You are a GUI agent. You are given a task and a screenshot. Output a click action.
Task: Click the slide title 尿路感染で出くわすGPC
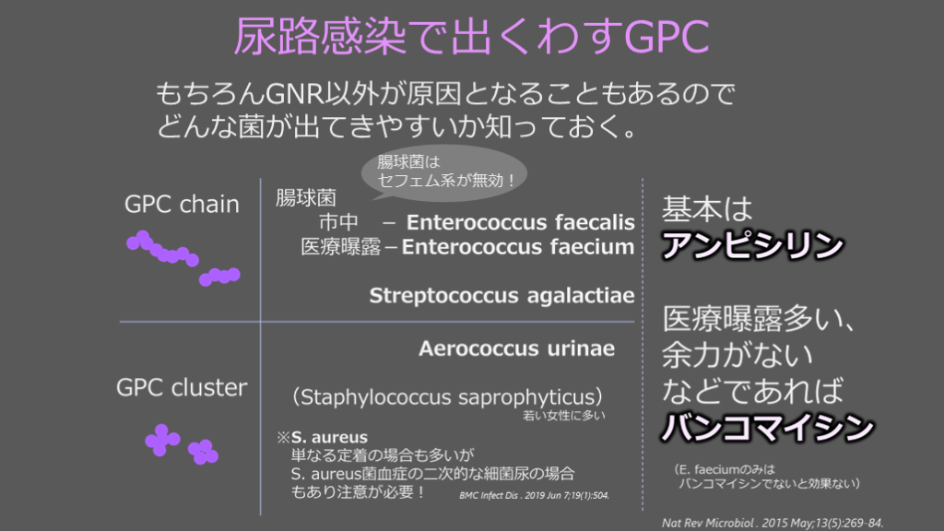[471, 36]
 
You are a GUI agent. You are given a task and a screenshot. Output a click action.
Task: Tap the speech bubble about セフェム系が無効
[444, 172]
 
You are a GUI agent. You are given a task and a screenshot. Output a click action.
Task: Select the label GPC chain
[182, 204]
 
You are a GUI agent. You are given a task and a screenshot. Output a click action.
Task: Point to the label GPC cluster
[182, 387]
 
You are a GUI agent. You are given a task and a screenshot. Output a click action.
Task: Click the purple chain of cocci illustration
[183, 258]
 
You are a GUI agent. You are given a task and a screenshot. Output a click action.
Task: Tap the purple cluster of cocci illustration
[182, 444]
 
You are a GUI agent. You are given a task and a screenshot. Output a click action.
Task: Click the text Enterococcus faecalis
[521, 222]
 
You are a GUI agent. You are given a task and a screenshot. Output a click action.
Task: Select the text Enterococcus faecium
[518, 246]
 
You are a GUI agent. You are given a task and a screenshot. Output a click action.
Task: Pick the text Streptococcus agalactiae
[501, 296]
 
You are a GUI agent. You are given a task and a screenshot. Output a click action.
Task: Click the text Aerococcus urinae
[516, 348]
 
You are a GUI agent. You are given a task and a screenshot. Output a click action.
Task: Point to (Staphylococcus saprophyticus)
[447, 397]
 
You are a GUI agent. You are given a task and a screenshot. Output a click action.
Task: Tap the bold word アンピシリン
[752, 245]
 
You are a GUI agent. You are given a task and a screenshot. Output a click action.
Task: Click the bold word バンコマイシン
[768, 427]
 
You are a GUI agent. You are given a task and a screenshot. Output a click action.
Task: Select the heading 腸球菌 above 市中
[306, 197]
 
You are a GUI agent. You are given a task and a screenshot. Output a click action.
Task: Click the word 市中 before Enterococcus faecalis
[338, 222]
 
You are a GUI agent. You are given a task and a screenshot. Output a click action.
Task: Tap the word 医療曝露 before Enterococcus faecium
[341, 247]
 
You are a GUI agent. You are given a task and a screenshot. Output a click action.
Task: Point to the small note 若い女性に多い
[564, 416]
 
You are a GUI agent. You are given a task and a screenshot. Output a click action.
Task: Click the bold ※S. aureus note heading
[322, 437]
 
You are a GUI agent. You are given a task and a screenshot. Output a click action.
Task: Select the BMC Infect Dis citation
[535, 495]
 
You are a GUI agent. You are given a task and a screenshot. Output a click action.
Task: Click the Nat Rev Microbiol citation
[773, 523]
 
